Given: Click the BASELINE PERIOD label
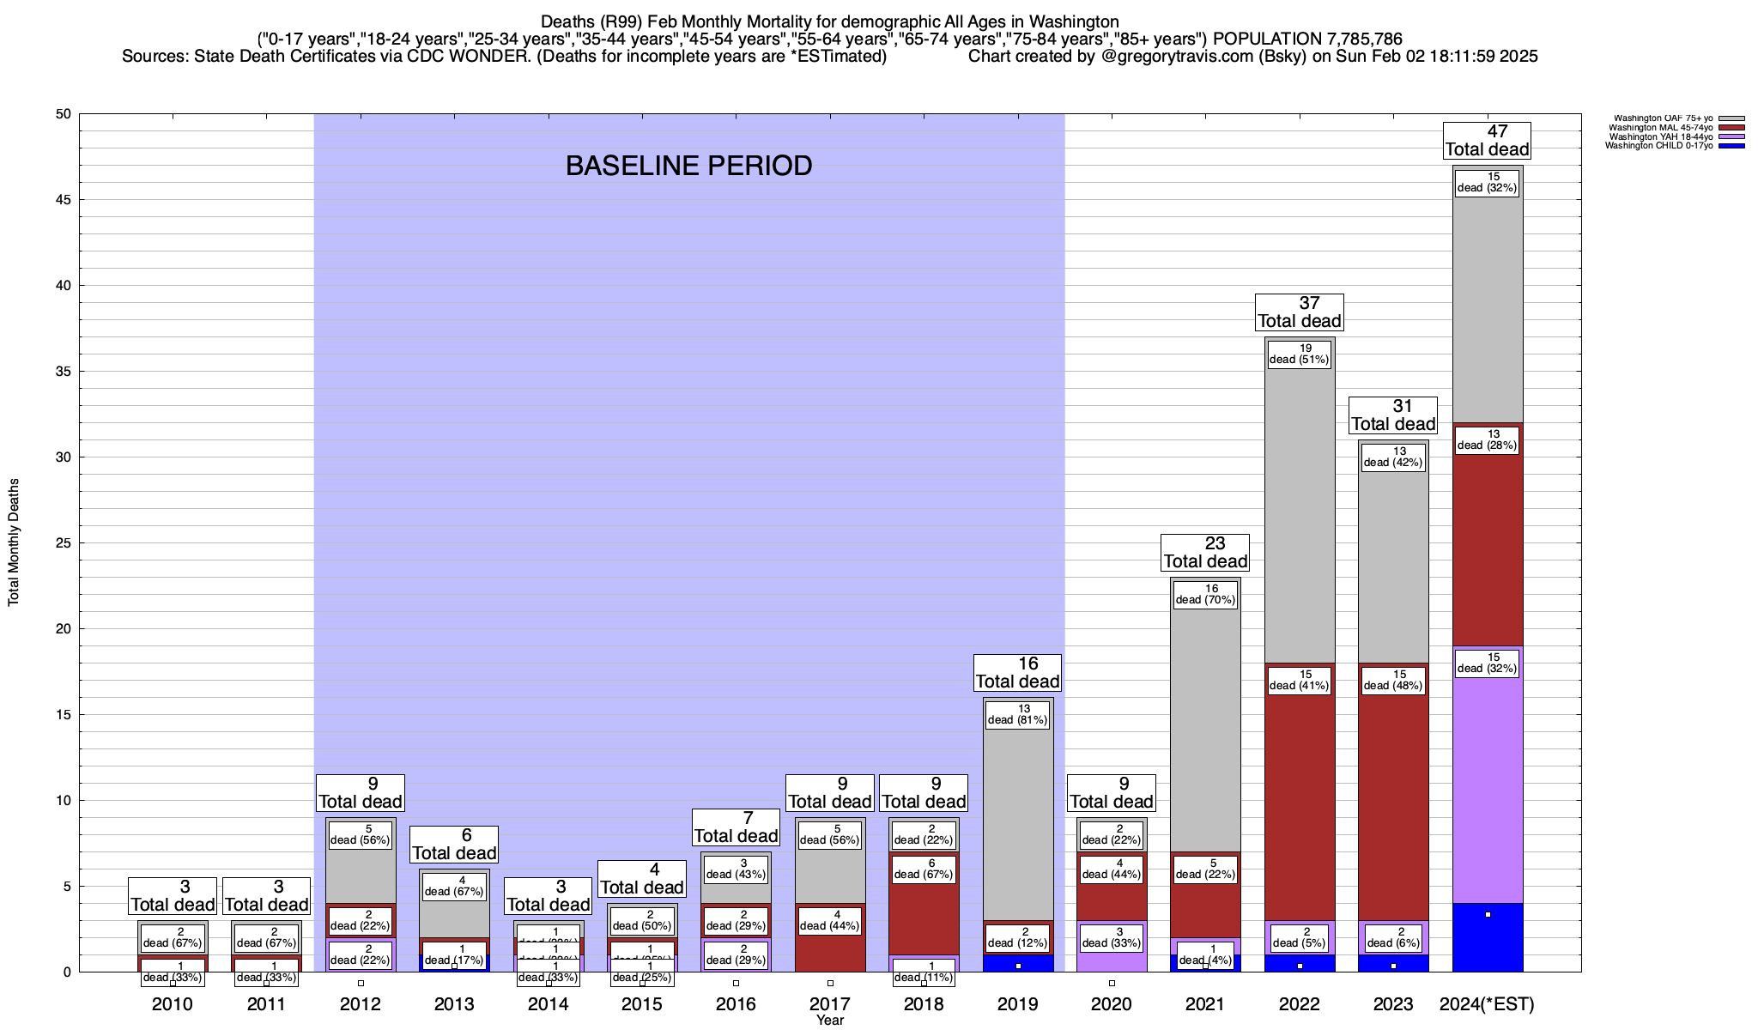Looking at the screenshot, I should (688, 166).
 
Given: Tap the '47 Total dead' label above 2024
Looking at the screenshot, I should (1487, 141).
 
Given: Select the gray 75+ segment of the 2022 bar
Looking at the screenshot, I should (1299, 515).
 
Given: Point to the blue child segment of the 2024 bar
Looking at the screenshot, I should (1487, 940).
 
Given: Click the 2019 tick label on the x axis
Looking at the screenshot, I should (1017, 1004).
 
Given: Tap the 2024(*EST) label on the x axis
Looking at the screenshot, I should (1487, 1004).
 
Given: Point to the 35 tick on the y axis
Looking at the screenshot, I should (64, 372).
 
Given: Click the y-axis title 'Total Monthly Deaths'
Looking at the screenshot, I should (14, 542).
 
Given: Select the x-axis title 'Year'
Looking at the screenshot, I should (830, 1021).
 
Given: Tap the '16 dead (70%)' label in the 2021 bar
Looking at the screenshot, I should (1205, 594).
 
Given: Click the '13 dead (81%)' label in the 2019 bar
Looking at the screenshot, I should (1017, 714).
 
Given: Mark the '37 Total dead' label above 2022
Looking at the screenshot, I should (1299, 312).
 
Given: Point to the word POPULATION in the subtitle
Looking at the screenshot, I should (1266, 39).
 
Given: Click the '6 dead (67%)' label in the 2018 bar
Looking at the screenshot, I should (924, 869).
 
